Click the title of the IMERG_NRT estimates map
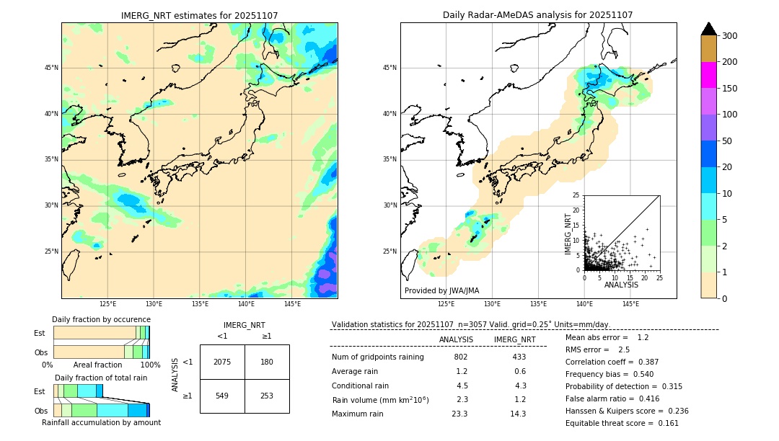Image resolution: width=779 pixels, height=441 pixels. (199, 15)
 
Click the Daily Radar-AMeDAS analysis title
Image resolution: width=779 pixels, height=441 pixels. (537, 15)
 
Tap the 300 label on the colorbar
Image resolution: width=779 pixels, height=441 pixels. (730, 36)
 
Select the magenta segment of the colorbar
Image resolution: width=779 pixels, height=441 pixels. (709, 75)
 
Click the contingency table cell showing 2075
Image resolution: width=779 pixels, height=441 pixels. (222, 362)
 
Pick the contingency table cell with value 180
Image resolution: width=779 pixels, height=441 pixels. (267, 362)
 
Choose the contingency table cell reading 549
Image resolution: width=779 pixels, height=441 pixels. (222, 396)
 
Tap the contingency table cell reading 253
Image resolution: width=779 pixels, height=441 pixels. (267, 396)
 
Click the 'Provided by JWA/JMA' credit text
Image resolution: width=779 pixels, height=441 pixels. (441, 290)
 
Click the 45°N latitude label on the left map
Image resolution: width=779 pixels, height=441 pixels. (51, 68)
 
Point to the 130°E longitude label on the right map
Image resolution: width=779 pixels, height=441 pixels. (492, 304)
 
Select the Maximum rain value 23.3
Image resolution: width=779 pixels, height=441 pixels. (459, 414)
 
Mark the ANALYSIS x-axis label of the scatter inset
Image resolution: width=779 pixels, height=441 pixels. (621, 285)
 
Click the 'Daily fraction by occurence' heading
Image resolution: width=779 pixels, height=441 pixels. (101, 319)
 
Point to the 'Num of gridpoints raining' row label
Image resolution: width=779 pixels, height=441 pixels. (377, 357)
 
